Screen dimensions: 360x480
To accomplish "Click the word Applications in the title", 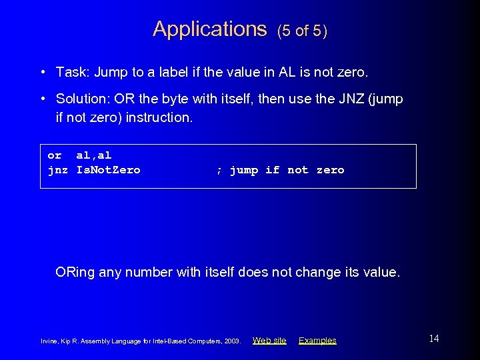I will tap(209, 29).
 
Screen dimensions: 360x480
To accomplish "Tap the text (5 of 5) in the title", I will tap(302, 31).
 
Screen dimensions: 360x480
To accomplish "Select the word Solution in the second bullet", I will tap(83, 99).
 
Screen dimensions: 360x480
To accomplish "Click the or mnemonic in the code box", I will tap(55, 155).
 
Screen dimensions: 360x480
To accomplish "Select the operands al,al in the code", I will tap(94, 155).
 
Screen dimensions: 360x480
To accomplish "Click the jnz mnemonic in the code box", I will tap(58, 170).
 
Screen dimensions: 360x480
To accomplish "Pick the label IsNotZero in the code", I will tap(109, 170).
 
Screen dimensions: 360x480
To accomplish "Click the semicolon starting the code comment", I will tap(219, 171).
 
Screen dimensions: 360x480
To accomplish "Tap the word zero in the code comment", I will tap(330, 170).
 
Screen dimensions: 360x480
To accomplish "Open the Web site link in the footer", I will tap(269, 341).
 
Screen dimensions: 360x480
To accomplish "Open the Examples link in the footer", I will tap(317, 341).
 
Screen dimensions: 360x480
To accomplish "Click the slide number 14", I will tap(434, 339).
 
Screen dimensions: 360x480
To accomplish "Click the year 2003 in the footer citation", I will tap(233, 341).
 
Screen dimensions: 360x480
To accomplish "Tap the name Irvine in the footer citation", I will tap(50, 341).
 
